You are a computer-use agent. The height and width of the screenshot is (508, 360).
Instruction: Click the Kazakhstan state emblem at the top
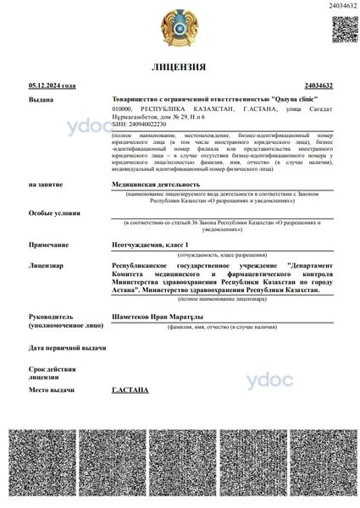pyautogui.click(x=180, y=29)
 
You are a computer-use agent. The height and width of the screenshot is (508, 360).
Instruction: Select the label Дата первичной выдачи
pyautogui.click(x=67, y=348)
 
